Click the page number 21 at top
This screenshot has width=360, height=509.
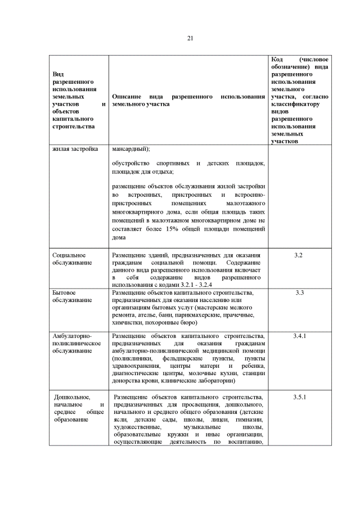pyautogui.click(x=190, y=38)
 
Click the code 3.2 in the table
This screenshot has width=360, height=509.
pyautogui.click(x=299, y=256)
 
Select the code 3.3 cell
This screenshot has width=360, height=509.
pyautogui.click(x=299, y=293)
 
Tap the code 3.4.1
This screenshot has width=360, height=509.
pyautogui.click(x=299, y=336)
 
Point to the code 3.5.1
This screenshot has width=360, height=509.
pyautogui.click(x=299, y=397)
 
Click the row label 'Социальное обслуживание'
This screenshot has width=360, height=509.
pyautogui.click(x=73, y=259)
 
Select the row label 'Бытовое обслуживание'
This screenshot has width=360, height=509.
pyautogui.click(x=73, y=296)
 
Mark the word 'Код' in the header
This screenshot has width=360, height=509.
pyautogui.click(x=277, y=60)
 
